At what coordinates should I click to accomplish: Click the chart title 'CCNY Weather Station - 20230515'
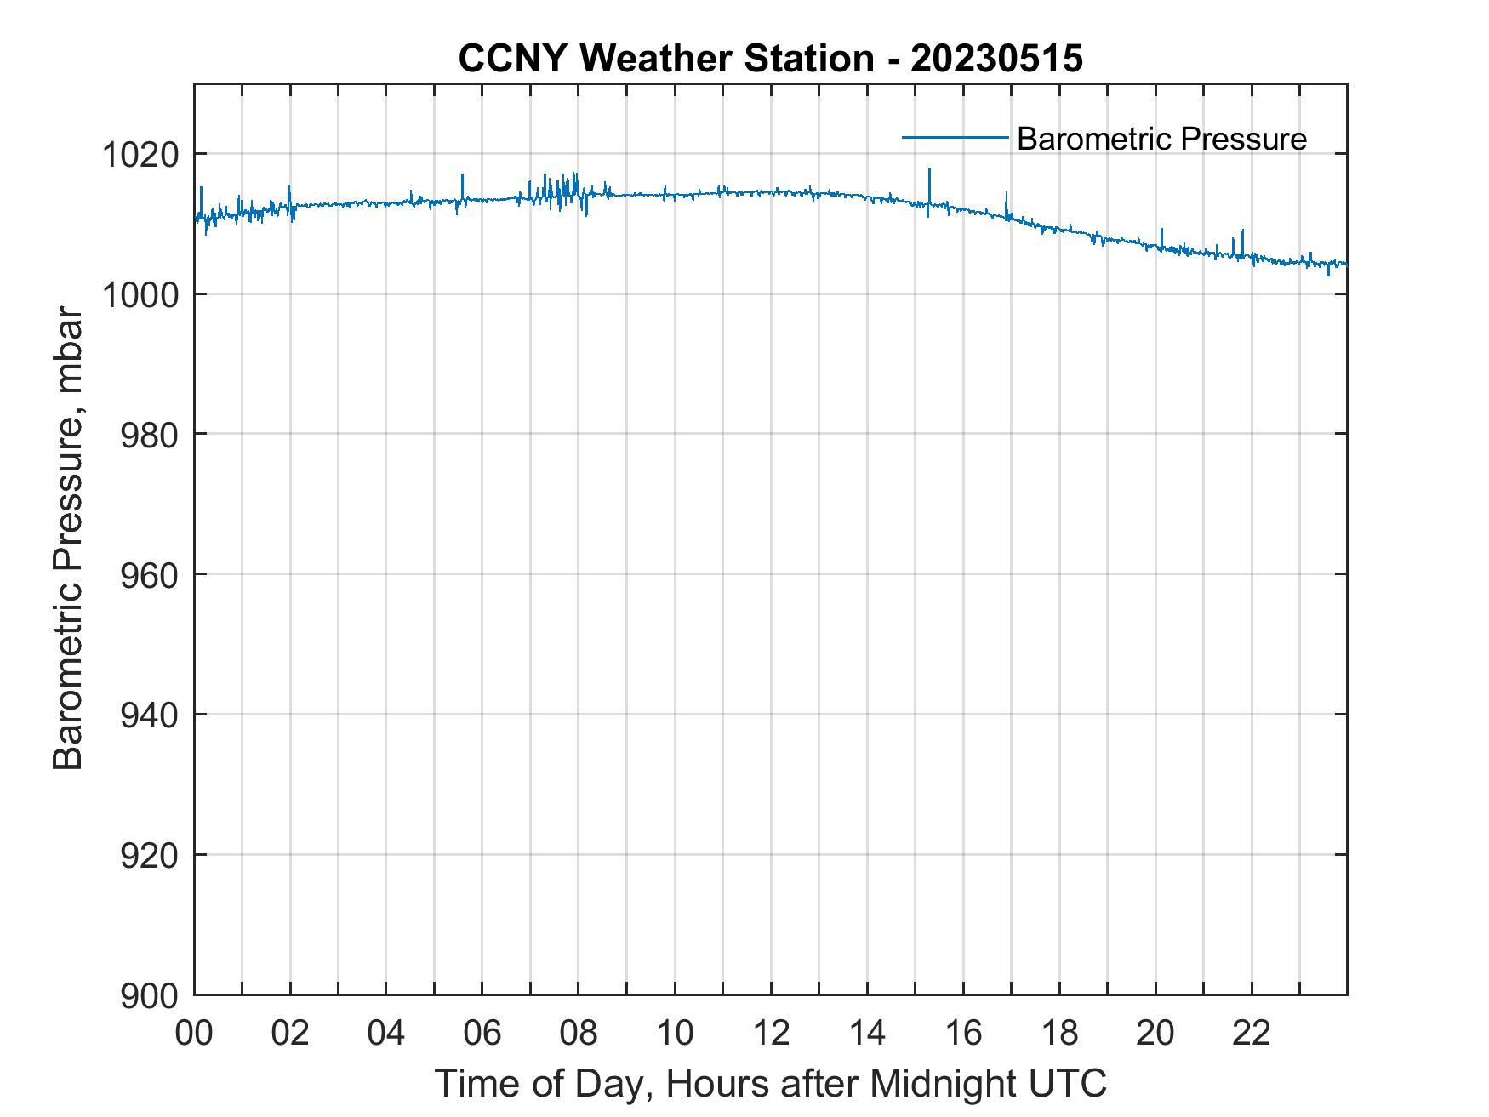pos(770,59)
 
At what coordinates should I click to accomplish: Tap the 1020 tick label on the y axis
pos(140,155)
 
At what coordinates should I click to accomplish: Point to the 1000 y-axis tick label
pos(140,294)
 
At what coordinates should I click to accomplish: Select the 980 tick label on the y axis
pos(150,435)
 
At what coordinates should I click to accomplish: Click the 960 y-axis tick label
pos(150,575)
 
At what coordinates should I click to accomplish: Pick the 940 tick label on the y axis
pos(150,715)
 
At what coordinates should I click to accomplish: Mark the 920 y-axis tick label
pos(150,855)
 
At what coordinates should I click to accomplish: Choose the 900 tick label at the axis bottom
pos(150,995)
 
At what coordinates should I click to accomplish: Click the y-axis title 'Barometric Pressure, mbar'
pos(68,539)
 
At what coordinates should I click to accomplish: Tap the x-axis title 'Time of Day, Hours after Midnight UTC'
pos(770,1084)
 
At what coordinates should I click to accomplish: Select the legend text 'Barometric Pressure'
pos(1161,139)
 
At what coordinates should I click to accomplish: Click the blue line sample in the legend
pos(955,136)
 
